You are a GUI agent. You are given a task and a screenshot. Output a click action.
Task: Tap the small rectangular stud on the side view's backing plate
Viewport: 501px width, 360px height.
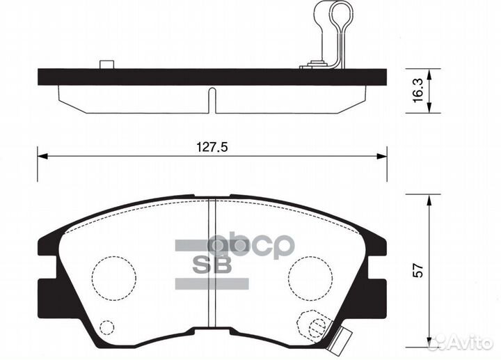point(106,65)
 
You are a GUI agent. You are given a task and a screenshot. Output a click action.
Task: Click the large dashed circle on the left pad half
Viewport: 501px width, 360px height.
point(114,274)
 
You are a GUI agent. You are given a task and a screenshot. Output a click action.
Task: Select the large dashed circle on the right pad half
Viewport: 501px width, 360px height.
point(309,274)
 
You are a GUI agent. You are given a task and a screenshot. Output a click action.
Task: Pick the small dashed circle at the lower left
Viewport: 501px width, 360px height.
point(106,327)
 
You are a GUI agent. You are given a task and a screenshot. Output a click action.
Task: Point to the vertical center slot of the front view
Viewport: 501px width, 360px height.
point(213,265)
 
